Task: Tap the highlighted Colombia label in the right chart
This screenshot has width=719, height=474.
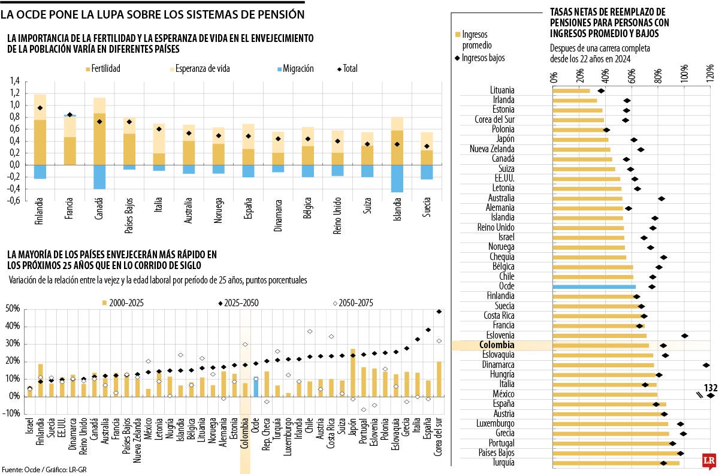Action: [x=497, y=346]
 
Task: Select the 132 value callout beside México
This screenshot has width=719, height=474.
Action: [x=711, y=387]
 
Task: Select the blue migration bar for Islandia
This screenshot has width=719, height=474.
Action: [x=397, y=178]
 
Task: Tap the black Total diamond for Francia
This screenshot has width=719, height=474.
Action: [x=70, y=114]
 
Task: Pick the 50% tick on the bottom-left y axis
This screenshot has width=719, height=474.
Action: [x=13, y=309]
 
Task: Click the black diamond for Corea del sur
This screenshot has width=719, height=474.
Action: [x=440, y=312]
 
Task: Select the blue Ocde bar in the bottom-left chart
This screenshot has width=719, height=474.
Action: [x=255, y=387]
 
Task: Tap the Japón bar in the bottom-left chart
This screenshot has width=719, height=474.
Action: [x=352, y=372]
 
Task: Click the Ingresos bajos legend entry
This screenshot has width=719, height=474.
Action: [x=483, y=58]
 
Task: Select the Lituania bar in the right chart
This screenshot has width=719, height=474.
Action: [x=571, y=91]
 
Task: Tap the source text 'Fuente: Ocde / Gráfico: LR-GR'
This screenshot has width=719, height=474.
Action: [x=44, y=469]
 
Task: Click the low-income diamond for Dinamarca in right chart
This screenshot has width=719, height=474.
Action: [x=706, y=365]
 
